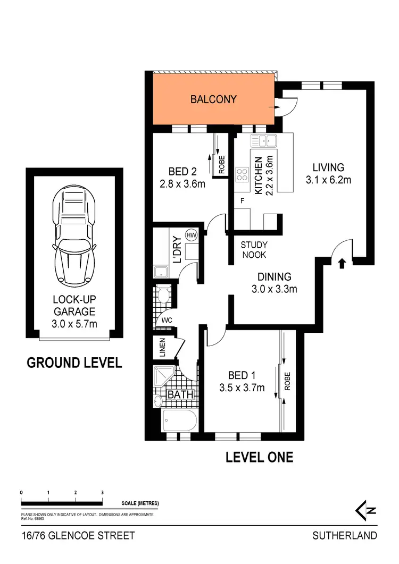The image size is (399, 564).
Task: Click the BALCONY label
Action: coord(213,99)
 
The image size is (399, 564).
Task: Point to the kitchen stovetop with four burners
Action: coord(243,174)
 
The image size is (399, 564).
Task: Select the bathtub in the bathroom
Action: coord(179,420)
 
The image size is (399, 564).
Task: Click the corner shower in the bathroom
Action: coord(163,376)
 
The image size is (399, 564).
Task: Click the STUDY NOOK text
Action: coord(254,250)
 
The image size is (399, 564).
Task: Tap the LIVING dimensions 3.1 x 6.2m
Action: coord(328,180)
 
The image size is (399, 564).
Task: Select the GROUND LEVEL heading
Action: coord(74,363)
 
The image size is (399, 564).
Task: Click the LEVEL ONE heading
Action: coord(259,457)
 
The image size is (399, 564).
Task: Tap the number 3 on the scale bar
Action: coord(102,493)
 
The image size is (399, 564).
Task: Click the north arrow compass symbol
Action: coord(365,510)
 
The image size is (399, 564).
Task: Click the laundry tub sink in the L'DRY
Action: coord(161,272)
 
